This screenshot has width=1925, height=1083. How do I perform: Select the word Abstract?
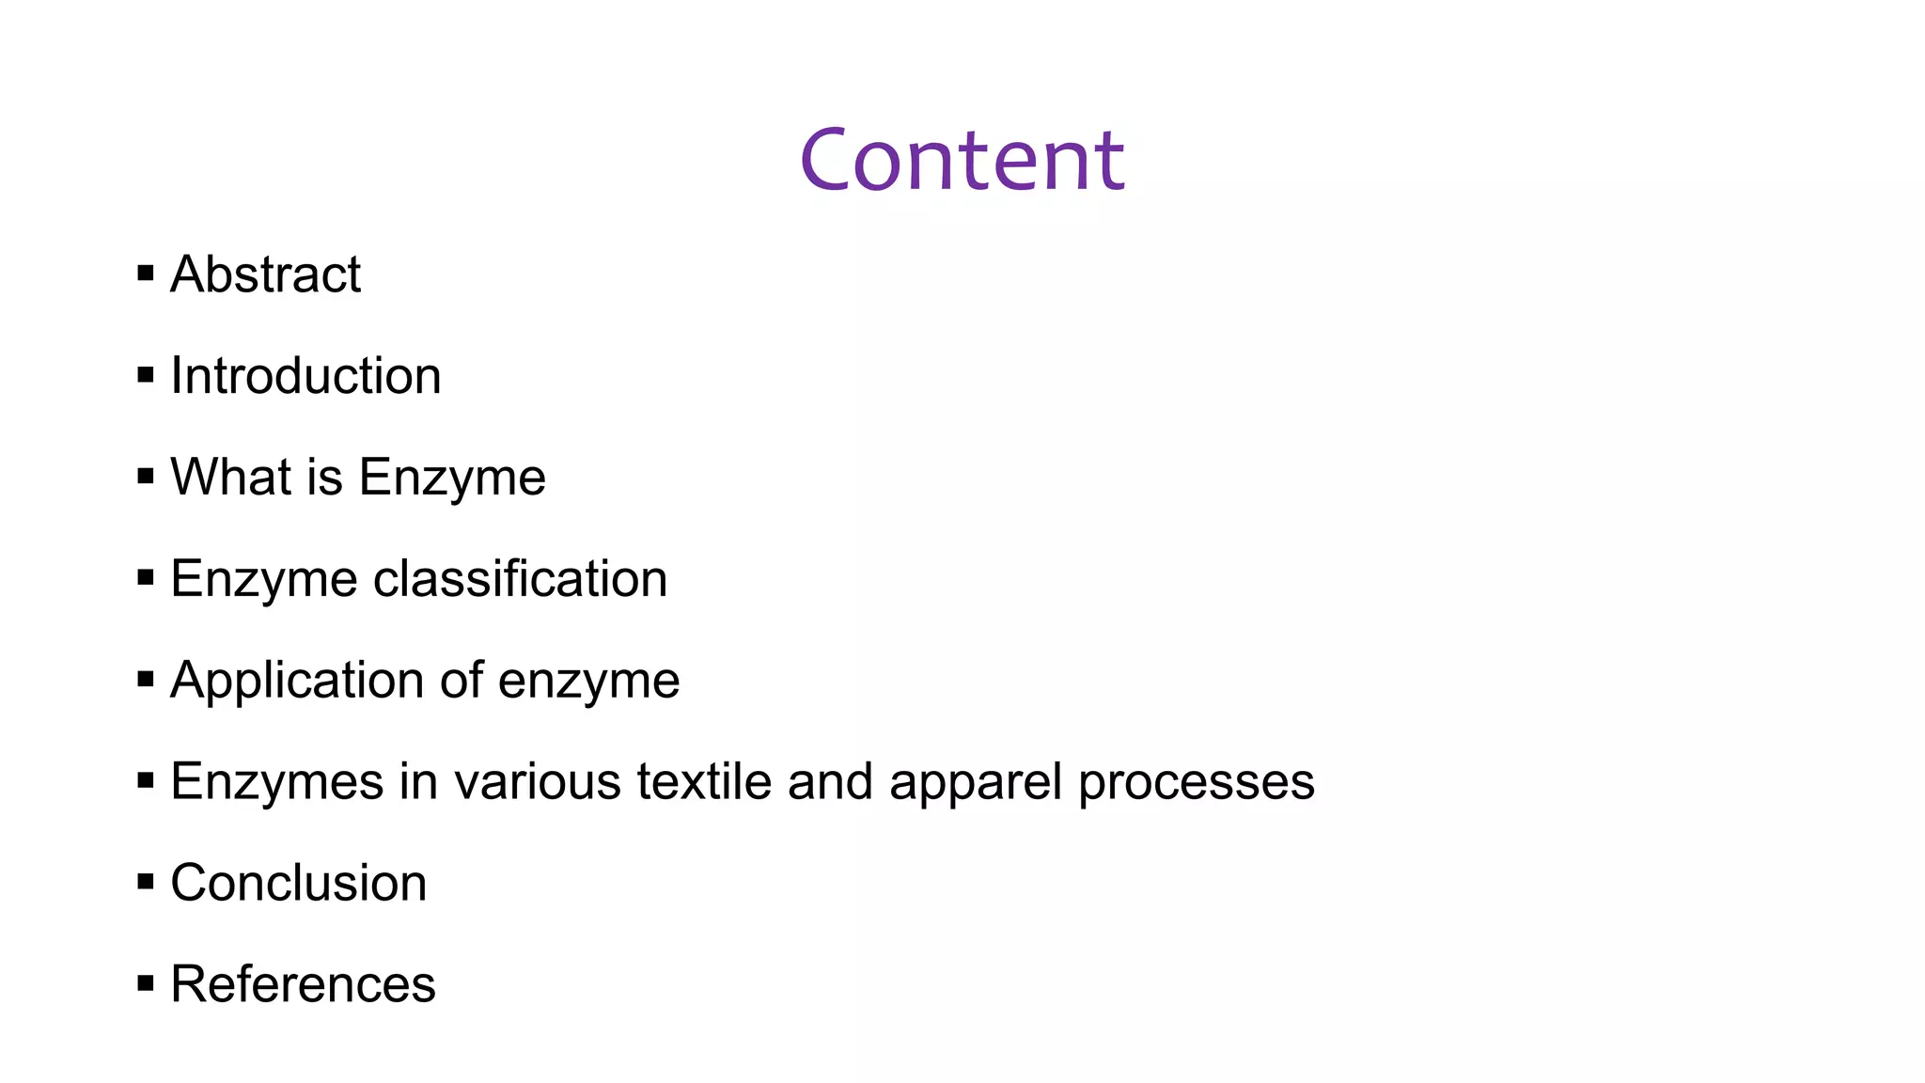265,275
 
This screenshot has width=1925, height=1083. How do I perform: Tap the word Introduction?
305,376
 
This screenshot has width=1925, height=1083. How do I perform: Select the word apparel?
975,783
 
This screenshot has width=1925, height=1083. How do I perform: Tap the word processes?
1196,783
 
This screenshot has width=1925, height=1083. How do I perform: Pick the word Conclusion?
298,883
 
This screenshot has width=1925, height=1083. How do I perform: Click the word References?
303,984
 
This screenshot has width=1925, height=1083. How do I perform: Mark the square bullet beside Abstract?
146,275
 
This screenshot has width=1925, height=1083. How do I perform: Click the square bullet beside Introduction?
146,376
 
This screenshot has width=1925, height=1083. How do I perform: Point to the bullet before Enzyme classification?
146,577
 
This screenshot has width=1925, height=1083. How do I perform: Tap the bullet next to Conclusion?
146,882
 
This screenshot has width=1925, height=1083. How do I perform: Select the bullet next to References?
146,983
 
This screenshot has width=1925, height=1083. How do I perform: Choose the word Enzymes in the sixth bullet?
277,783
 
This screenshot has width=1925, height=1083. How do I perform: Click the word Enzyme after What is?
451,479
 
